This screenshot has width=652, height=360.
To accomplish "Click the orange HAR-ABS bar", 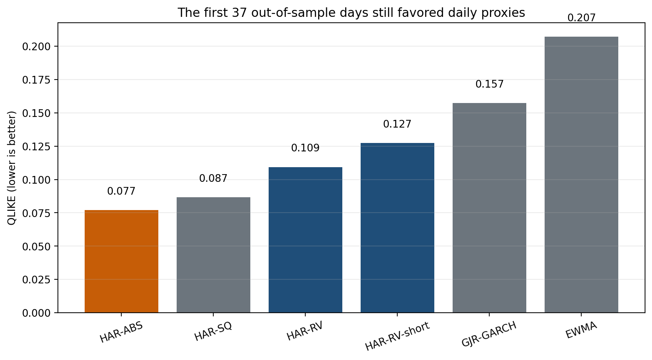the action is point(121,261).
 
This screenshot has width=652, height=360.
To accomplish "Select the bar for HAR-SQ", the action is point(213,255).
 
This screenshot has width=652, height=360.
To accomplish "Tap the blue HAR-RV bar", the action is point(305,240).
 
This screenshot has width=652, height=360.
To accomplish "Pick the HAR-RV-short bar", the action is point(397,228).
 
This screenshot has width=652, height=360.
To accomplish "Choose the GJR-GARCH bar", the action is point(489,208).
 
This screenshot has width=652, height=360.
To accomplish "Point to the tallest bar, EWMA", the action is point(581,175).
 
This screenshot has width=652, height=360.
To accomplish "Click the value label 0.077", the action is point(121,191).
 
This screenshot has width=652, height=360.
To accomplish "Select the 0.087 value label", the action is point(213,179).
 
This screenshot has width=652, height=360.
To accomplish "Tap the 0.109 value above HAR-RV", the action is point(305,148).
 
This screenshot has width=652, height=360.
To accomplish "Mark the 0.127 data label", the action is point(397,124).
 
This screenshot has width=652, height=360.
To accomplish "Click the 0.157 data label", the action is point(490,84).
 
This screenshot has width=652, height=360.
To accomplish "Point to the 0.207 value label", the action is point(582,18).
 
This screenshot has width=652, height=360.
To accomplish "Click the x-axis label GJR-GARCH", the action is point(489,334).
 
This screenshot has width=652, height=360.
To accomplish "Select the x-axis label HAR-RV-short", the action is point(397,337).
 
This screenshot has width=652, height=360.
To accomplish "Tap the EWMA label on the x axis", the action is point(581,330).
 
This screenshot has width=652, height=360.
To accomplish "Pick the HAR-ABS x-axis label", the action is point(121,333).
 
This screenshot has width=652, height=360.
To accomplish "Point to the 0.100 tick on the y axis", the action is point(37,180).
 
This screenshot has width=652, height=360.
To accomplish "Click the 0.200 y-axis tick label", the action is point(37,47).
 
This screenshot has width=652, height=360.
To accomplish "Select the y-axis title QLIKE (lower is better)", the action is point(12,168).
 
